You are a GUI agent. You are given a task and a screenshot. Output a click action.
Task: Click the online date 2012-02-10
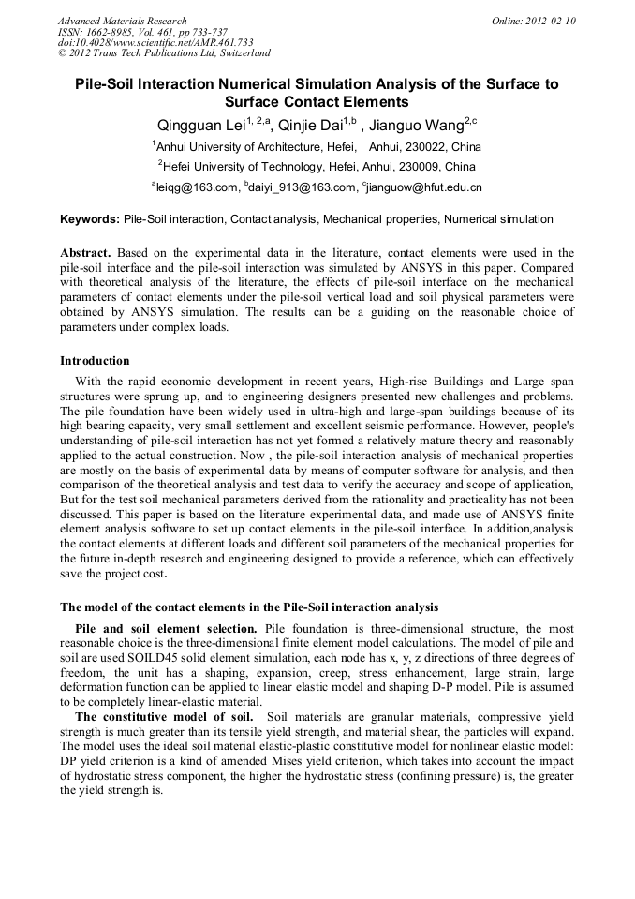coord(550,21)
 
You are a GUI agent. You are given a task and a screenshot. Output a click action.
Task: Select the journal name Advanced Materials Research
coord(122,21)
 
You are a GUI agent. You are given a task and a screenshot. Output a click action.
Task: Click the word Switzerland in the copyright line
coord(240,54)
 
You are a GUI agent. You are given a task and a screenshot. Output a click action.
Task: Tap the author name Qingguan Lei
coord(196,127)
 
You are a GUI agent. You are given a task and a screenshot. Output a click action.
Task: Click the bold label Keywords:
coord(90,219)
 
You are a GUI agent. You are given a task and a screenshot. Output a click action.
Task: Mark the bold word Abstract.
coord(86,254)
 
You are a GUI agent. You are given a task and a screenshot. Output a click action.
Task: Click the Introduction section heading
coord(95,361)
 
